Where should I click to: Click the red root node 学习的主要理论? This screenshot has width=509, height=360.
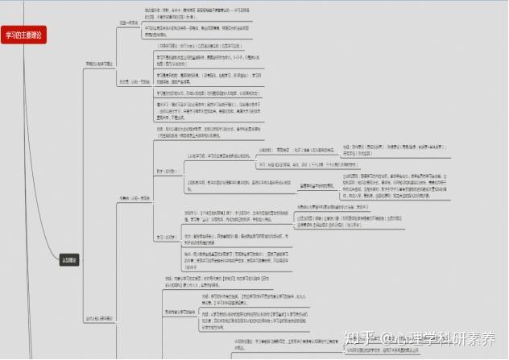(x=25, y=34)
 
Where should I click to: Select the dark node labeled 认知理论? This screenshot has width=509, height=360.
(x=71, y=259)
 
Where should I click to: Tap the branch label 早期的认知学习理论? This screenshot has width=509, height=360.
(x=101, y=62)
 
